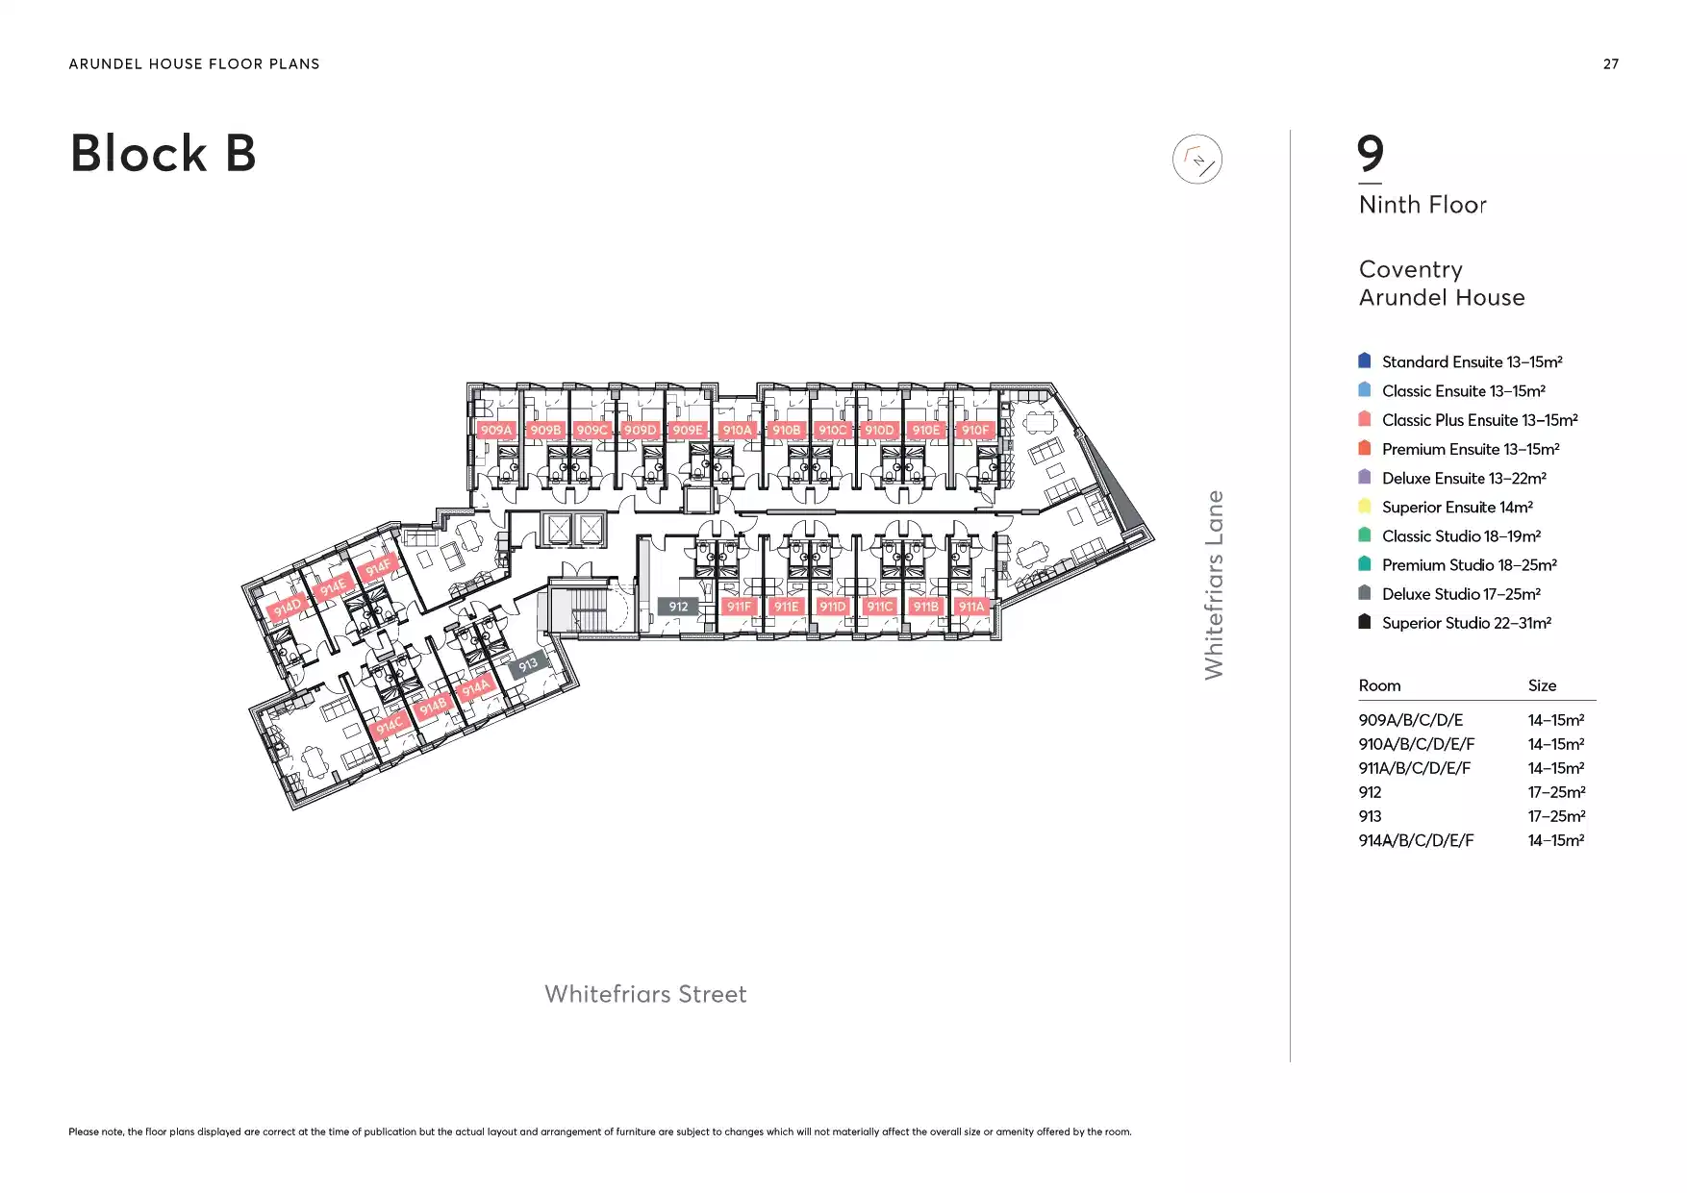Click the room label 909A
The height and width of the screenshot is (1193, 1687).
(x=496, y=430)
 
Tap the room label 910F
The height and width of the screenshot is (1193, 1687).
(x=975, y=430)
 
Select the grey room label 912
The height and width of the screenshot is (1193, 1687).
(x=678, y=607)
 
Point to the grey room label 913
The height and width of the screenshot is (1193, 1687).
(x=528, y=664)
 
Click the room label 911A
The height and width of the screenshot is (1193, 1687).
(x=971, y=607)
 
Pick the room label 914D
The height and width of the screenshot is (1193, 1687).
(x=287, y=608)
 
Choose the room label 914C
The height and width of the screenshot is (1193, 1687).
(x=390, y=726)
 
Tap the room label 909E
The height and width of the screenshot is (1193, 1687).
(x=687, y=430)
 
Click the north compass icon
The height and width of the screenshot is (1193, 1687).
(x=1197, y=160)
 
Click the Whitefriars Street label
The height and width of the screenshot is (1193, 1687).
(x=645, y=994)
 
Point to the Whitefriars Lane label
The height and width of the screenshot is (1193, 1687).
(x=1215, y=584)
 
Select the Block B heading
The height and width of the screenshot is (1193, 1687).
(x=164, y=154)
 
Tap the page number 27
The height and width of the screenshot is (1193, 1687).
(x=1611, y=64)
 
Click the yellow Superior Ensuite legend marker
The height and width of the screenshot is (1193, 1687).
(x=1364, y=506)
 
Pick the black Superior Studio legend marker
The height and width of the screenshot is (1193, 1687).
(x=1364, y=621)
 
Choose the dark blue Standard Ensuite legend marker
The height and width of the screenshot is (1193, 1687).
(x=1364, y=360)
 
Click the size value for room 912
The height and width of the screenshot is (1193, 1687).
(x=1556, y=792)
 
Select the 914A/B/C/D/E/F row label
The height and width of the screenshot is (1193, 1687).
(x=1416, y=840)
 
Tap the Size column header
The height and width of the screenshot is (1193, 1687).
(x=1542, y=685)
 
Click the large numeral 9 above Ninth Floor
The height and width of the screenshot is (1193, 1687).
(x=1371, y=154)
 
